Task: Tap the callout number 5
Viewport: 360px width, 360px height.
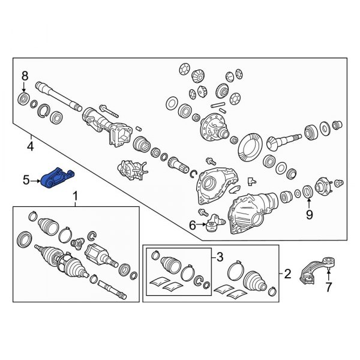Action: click(x=26, y=180)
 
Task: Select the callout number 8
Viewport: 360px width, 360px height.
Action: click(x=25, y=76)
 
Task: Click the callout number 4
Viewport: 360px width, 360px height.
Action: click(x=31, y=146)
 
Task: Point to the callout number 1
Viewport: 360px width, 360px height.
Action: click(x=76, y=197)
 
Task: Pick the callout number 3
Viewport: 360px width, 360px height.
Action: click(x=220, y=257)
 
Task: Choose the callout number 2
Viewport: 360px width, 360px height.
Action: click(x=287, y=274)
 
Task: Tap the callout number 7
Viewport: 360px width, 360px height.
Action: click(x=329, y=287)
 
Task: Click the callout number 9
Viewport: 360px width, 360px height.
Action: click(x=309, y=215)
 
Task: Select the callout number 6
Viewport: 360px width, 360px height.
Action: click(x=192, y=225)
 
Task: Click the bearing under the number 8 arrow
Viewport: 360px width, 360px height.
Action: click(x=23, y=99)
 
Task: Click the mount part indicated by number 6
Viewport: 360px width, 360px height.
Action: click(x=215, y=223)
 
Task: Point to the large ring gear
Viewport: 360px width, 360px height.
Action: click(x=249, y=148)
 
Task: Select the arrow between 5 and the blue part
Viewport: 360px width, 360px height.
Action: click(x=35, y=181)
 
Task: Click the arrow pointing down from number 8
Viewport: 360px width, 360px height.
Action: click(x=24, y=87)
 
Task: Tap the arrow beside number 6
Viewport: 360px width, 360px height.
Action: click(x=202, y=224)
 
